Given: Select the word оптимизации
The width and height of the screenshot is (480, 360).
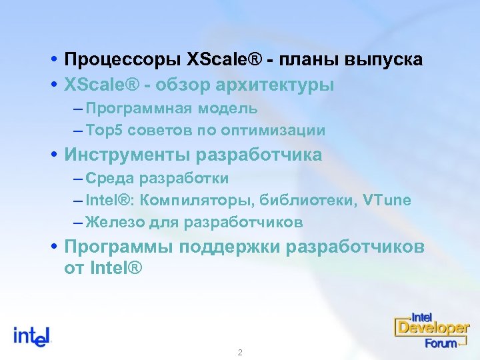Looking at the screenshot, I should pos(281,131).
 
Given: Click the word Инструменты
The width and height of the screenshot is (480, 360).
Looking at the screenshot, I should pos(127,155).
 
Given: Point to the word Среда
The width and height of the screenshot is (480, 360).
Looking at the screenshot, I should pos(109,179).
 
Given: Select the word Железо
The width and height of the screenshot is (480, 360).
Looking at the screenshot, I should pos(114,222).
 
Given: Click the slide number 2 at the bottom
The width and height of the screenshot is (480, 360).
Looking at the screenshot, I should pos(240,352).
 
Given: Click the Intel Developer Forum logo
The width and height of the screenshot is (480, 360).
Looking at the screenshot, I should pos(431,329).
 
